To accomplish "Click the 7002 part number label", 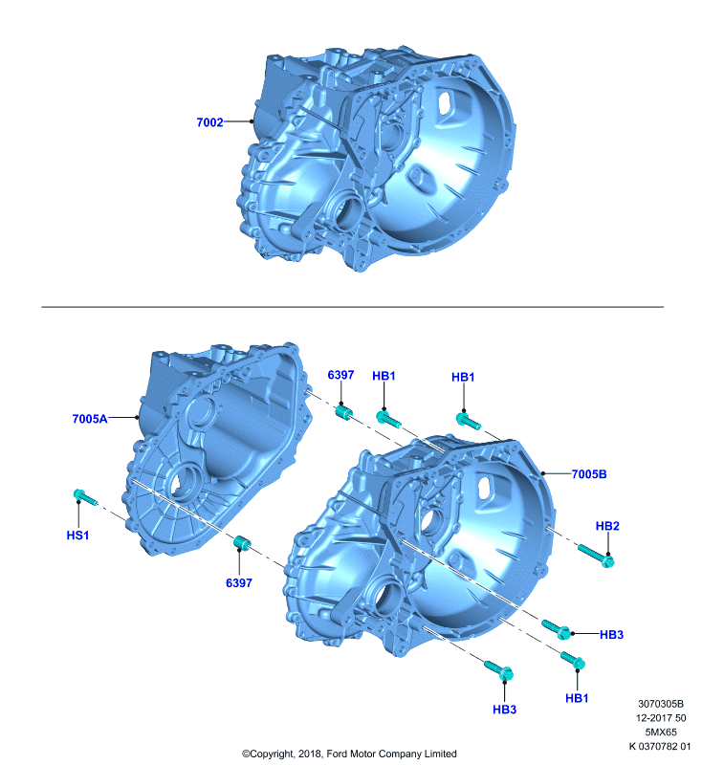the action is pos(209,122).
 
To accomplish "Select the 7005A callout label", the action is pos(90,419).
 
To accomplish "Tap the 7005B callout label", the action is pos(589,473).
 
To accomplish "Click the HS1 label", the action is pos(77,535).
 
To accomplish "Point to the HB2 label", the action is pos(607,526).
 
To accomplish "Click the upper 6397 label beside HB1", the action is pos(340,375).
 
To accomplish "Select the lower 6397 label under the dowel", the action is pos(239,582).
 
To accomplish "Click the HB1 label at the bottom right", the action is pos(577,698).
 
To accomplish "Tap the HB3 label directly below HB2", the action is pos(611,634).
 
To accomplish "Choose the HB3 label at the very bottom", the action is pos(504,710).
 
